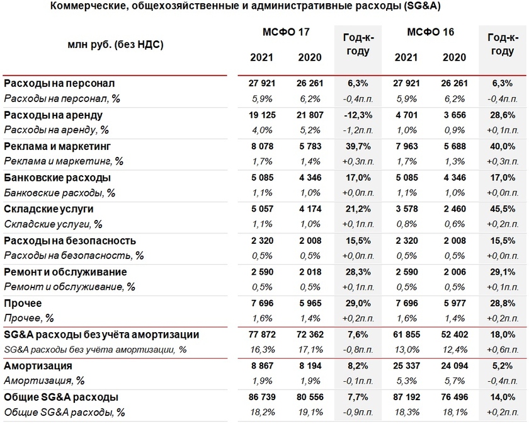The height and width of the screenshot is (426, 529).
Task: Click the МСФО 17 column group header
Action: click(286, 32)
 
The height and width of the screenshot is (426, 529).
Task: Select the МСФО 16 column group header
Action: click(431, 32)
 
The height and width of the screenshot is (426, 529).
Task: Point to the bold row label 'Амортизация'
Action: click(38, 366)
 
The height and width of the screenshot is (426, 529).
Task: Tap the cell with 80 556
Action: click(309, 398)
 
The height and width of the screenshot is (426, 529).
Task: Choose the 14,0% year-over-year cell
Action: click(503, 398)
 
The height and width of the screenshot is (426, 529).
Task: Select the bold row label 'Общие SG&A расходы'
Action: click(62, 398)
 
